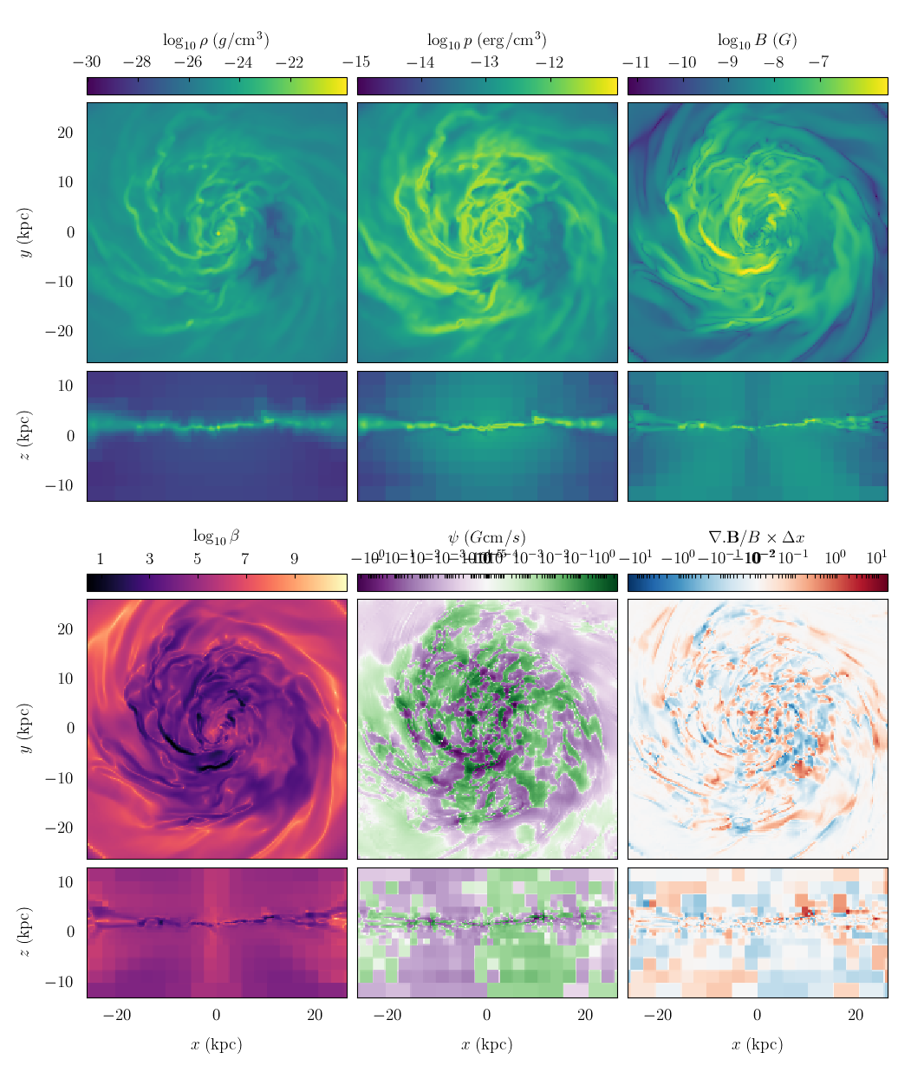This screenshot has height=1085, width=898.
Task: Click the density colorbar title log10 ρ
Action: [216, 40]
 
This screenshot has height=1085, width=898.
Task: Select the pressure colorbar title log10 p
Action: [486, 40]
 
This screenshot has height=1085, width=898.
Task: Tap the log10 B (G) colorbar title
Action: [757, 40]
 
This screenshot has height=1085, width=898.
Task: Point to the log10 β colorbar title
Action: [216, 536]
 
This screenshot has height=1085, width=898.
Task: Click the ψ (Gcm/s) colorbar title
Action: [486, 536]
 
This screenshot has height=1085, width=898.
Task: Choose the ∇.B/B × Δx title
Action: [757, 536]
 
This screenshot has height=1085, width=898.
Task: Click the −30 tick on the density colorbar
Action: [87, 62]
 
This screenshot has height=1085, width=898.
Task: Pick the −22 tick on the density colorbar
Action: [290, 62]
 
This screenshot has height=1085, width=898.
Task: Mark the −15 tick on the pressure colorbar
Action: [357, 62]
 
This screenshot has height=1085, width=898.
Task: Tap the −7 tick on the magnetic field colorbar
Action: [818, 62]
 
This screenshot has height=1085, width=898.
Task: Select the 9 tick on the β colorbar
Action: [295, 559]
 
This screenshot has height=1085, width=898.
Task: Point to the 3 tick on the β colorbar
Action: [149, 559]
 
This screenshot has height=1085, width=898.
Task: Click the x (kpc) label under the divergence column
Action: [757, 1045]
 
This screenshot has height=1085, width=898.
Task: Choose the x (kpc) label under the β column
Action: [216, 1045]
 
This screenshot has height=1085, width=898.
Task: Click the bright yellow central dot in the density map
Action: [218, 232]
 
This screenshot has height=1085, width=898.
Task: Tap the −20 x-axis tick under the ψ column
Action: [387, 1016]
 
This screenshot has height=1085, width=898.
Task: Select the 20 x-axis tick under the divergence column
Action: [856, 1016]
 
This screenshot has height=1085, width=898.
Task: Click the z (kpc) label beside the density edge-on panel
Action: [25, 436]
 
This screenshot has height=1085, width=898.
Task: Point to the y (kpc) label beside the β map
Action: [25, 729]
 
